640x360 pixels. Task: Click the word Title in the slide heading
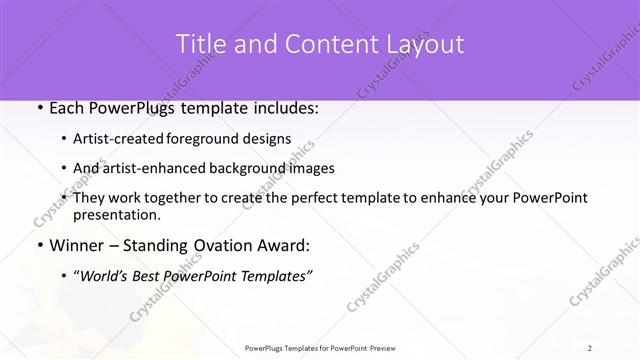[x=200, y=45]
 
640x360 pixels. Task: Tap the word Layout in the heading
[x=425, y=45]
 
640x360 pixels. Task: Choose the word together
[x=166, y=198]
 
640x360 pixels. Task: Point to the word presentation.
[x=117, y=214]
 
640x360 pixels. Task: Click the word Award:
[x=286, y=245]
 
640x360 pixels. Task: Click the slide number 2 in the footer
[x=590, y=347]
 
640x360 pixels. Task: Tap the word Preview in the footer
[x=391, y=347]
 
